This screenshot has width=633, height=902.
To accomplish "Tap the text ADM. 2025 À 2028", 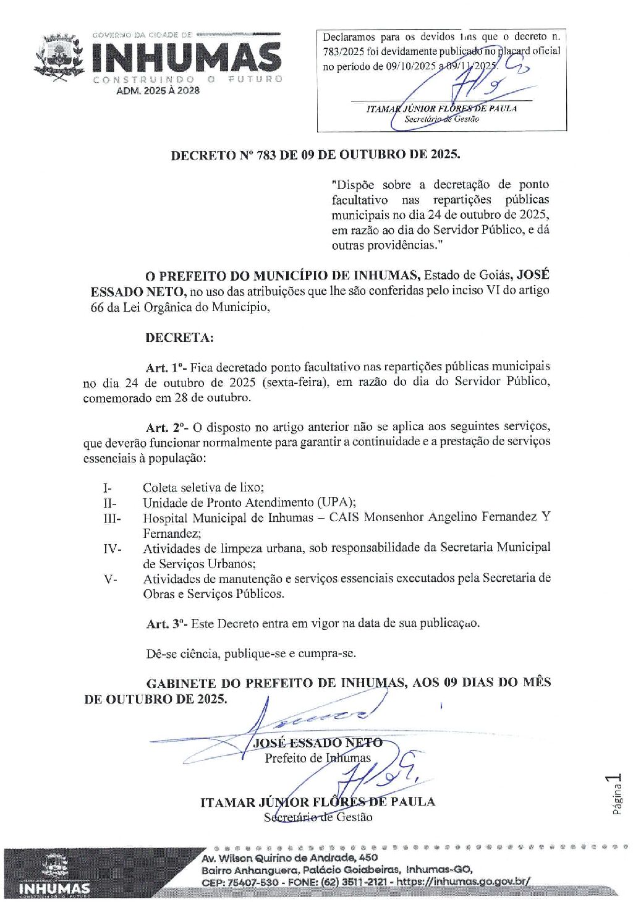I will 158,91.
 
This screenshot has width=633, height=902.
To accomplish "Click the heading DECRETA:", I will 179,338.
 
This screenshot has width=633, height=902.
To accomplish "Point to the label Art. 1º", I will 166,368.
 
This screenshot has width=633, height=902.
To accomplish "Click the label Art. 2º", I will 166,428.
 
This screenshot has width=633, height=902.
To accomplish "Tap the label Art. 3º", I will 166,624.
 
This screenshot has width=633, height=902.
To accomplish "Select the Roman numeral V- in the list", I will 110,579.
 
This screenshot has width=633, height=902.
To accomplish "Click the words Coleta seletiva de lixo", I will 203,488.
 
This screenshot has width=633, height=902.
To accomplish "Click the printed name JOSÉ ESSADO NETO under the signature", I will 318,743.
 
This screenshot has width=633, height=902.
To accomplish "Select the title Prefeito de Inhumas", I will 318,759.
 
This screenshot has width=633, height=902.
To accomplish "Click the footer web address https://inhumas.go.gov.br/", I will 463,882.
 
